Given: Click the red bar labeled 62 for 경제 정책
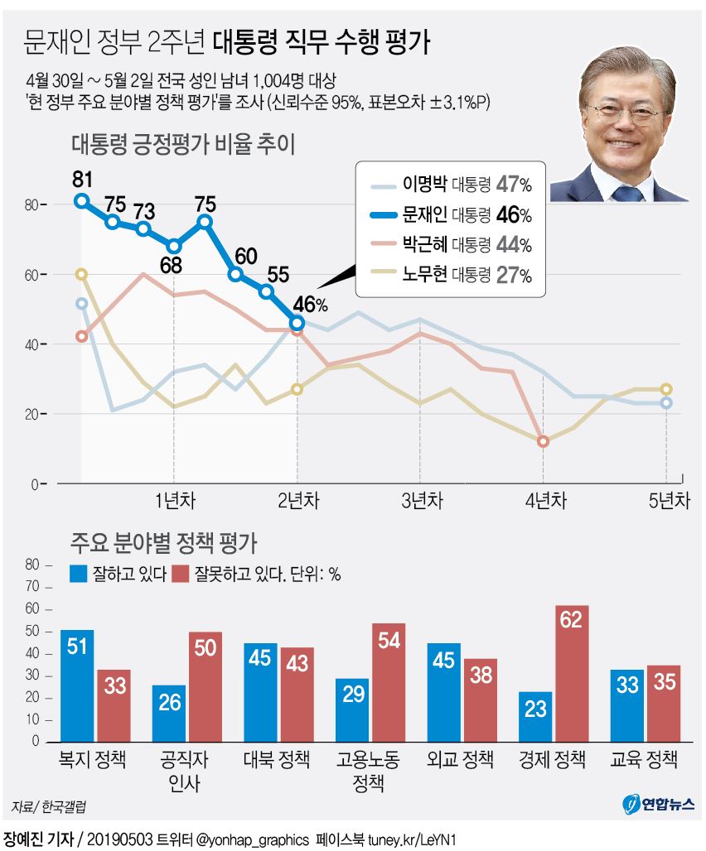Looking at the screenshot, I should [573, 676].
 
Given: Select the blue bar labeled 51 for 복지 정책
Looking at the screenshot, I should [77, 688].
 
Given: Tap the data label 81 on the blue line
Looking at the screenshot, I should [81, 179].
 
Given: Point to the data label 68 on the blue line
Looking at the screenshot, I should [173, 267].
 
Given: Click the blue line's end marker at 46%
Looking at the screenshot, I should [297, 322].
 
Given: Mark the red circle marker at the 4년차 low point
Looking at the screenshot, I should [543, 442].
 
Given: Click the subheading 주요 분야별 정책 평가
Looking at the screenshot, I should [163, 545].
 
